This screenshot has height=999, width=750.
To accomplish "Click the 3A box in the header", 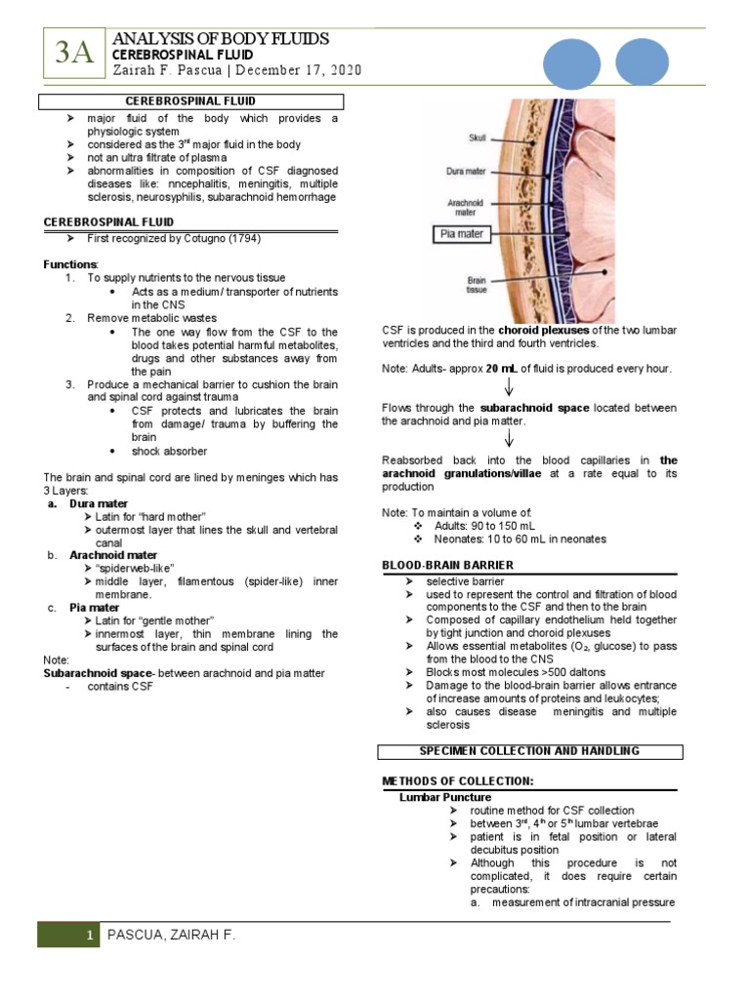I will click(73, 55).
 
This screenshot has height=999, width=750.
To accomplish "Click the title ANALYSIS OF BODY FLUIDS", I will click(222, 38).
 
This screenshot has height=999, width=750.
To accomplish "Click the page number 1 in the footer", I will click(89, 937).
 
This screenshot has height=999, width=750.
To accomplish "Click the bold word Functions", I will click(70, 264).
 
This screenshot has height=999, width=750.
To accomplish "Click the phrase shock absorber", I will click(169, 451).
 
